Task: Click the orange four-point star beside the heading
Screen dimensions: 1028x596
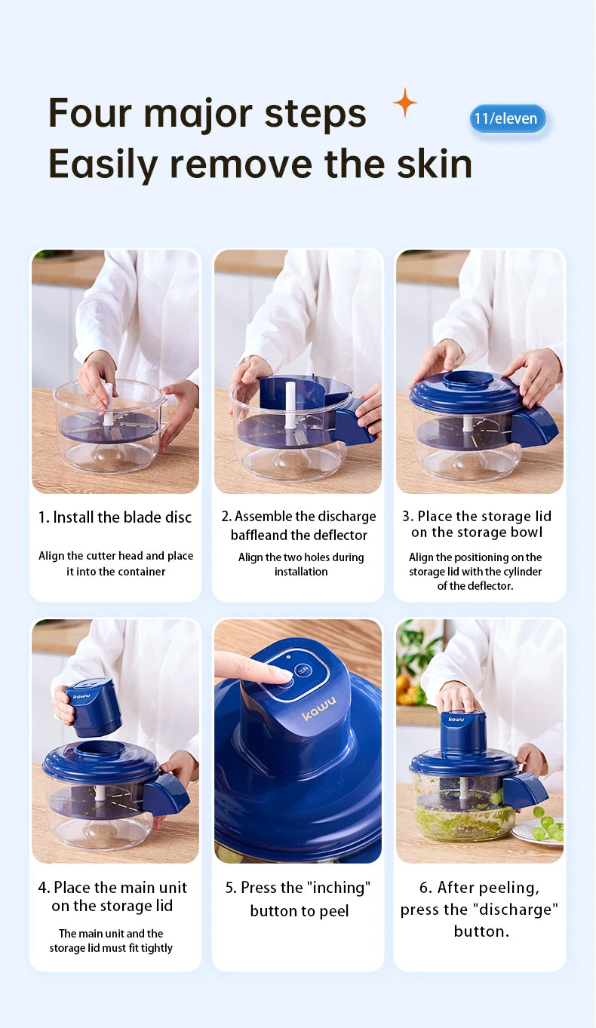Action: click(x=405, y=102)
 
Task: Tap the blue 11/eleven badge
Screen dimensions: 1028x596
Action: click(x=507, y=118)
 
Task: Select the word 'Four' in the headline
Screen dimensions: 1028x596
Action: click(x=90, y=113)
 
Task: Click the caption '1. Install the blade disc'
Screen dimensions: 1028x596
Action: click(x=115, y=517)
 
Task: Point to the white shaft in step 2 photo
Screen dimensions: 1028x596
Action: click(x=290, y=405)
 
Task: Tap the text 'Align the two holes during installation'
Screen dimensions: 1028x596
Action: click(x=300, y=564)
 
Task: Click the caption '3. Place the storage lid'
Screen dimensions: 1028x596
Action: click(x=476, y=517)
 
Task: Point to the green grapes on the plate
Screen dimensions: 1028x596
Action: click(x=548, y=827)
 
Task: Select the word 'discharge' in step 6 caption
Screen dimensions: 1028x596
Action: click(x=517, y=910)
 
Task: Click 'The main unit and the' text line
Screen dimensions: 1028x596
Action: click(x=111, y=934)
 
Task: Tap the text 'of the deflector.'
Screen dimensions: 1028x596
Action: click(x=475, y=586)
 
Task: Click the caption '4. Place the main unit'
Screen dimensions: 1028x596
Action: click(x=112, y=888)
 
